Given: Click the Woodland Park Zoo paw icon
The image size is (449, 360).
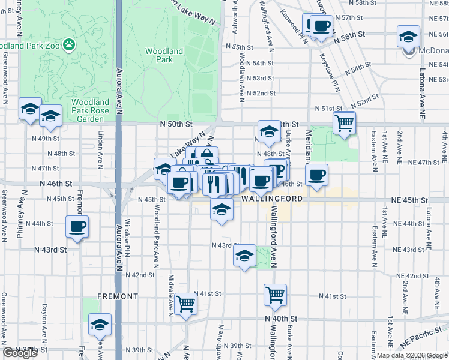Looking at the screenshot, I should tap(71, 44).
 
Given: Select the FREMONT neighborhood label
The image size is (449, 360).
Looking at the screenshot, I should tap(118, 296).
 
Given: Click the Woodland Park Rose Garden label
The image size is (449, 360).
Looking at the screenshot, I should tap(91, 110).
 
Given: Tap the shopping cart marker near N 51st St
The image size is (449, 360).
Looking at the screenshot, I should tap(344, 124).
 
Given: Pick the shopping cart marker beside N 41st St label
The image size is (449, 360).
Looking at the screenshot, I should tap(186, 303).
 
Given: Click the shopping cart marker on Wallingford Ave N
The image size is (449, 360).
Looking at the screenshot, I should tap(275, 295).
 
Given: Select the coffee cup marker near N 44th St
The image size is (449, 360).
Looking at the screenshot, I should tap(77, 227).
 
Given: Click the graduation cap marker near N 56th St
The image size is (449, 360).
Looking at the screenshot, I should tap(408, 37).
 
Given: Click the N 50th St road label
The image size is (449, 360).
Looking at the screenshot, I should tap(176, 124).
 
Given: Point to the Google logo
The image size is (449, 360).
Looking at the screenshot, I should tap(20, 353).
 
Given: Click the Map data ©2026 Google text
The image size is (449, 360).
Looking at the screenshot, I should tap(412, 355).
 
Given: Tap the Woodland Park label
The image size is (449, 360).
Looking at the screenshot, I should tap(164, 55).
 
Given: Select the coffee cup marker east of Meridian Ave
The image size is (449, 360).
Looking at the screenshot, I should tap(316, 175).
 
